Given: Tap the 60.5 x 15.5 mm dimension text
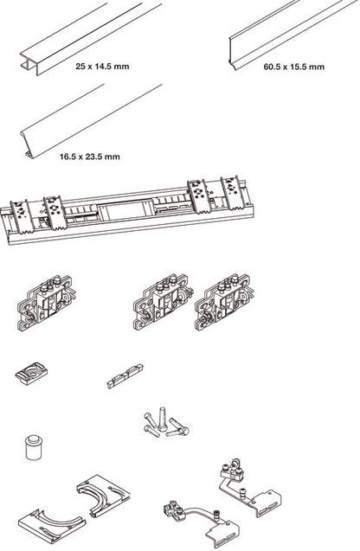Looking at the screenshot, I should point(294,67).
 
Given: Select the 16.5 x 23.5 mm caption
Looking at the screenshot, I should point(90,157).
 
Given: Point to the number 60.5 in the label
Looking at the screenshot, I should point(273,67).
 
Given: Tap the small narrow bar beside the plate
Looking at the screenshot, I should point(125,376).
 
